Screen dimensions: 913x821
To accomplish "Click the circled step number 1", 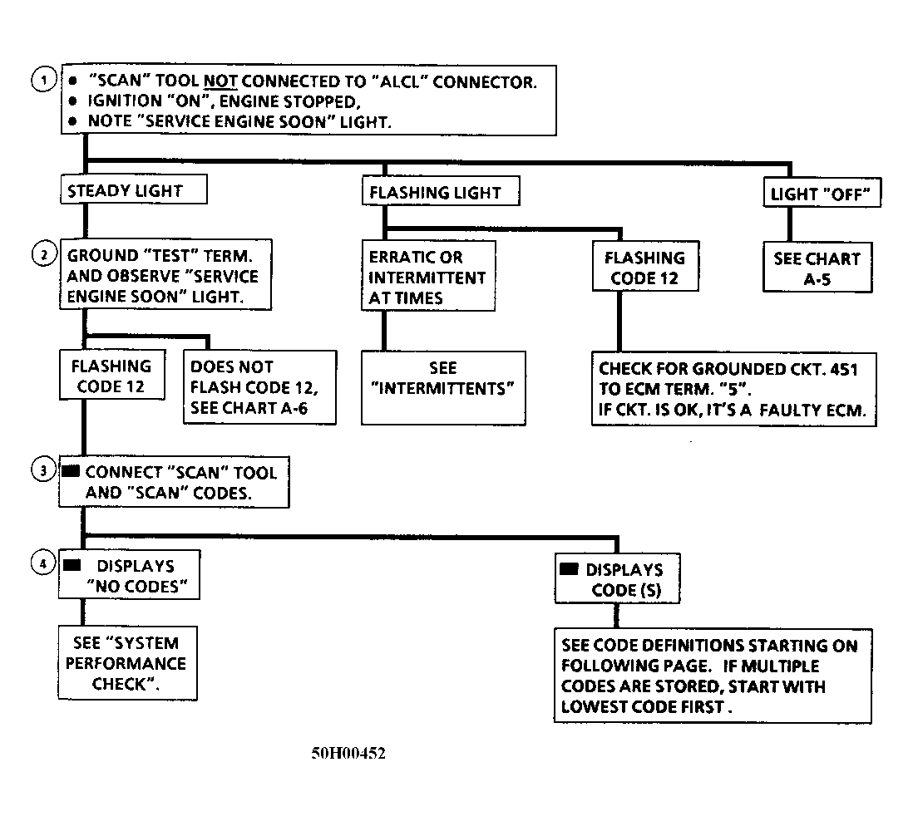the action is point(43,80).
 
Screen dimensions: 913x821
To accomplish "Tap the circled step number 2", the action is point(44,254).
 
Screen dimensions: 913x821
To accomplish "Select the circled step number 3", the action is point(43,469).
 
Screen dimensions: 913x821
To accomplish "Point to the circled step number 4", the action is point(43,563).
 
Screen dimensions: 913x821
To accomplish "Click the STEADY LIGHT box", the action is point(134,189).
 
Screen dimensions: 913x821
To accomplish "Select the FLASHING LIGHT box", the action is point(441,191).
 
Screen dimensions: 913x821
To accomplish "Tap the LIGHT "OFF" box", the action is point(822,193).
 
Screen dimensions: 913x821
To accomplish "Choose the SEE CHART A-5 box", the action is point(817,267).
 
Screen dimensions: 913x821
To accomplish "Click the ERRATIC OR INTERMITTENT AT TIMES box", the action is point(428,276).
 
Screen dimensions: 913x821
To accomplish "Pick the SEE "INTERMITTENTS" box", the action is point(443,387).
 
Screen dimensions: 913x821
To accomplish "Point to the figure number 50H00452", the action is point(348,754).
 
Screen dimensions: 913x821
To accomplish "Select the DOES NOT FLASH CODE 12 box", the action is point(259,387).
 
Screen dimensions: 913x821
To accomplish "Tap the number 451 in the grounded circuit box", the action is point(843,369).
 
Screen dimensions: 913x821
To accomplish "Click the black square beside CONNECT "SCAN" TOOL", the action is point(71,470).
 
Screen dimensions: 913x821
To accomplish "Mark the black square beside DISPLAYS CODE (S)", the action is point(569,568).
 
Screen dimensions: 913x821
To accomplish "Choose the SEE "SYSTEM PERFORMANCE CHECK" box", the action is point(127,663).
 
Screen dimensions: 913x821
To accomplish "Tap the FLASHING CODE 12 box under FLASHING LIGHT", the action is point(645,266).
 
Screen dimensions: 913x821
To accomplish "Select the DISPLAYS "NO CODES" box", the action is point(129,575).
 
